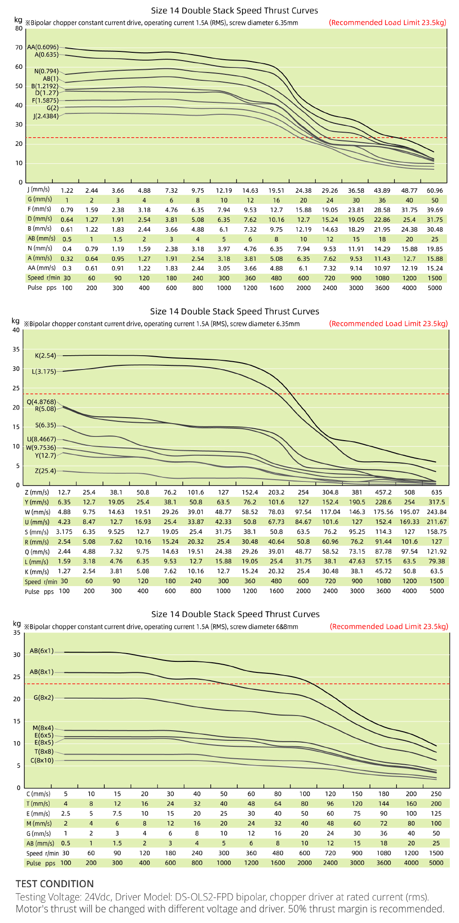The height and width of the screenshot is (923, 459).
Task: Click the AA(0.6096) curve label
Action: [43, 47]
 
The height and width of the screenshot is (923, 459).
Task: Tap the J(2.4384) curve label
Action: [45, 116]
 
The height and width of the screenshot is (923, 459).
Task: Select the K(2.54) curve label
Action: [45, 356]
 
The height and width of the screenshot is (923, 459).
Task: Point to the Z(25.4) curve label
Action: [45, 471]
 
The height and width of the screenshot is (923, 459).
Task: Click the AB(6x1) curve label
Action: [41, 651]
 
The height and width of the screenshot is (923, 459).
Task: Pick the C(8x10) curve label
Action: [42, 761]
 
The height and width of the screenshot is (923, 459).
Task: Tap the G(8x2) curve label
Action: [43, 698]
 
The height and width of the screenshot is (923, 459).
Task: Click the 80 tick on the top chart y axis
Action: [18, 28]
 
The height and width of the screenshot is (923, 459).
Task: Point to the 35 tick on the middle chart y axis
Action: [17, 349]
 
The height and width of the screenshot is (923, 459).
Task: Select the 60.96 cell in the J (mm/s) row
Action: [435, 190]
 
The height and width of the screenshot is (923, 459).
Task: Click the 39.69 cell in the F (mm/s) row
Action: [435, 210]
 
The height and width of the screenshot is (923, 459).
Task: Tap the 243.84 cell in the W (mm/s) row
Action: [437, 512]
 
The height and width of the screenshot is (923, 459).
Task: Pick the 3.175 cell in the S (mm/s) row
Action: [64, 531]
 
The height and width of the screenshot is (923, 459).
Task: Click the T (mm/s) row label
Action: [38, 804]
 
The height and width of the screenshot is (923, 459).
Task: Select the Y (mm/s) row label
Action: [37, 502]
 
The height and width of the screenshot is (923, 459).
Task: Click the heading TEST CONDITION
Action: [55, 884]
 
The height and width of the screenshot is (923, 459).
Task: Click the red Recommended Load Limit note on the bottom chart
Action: [388, 627]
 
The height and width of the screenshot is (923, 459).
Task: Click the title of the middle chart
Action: [235, 311]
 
